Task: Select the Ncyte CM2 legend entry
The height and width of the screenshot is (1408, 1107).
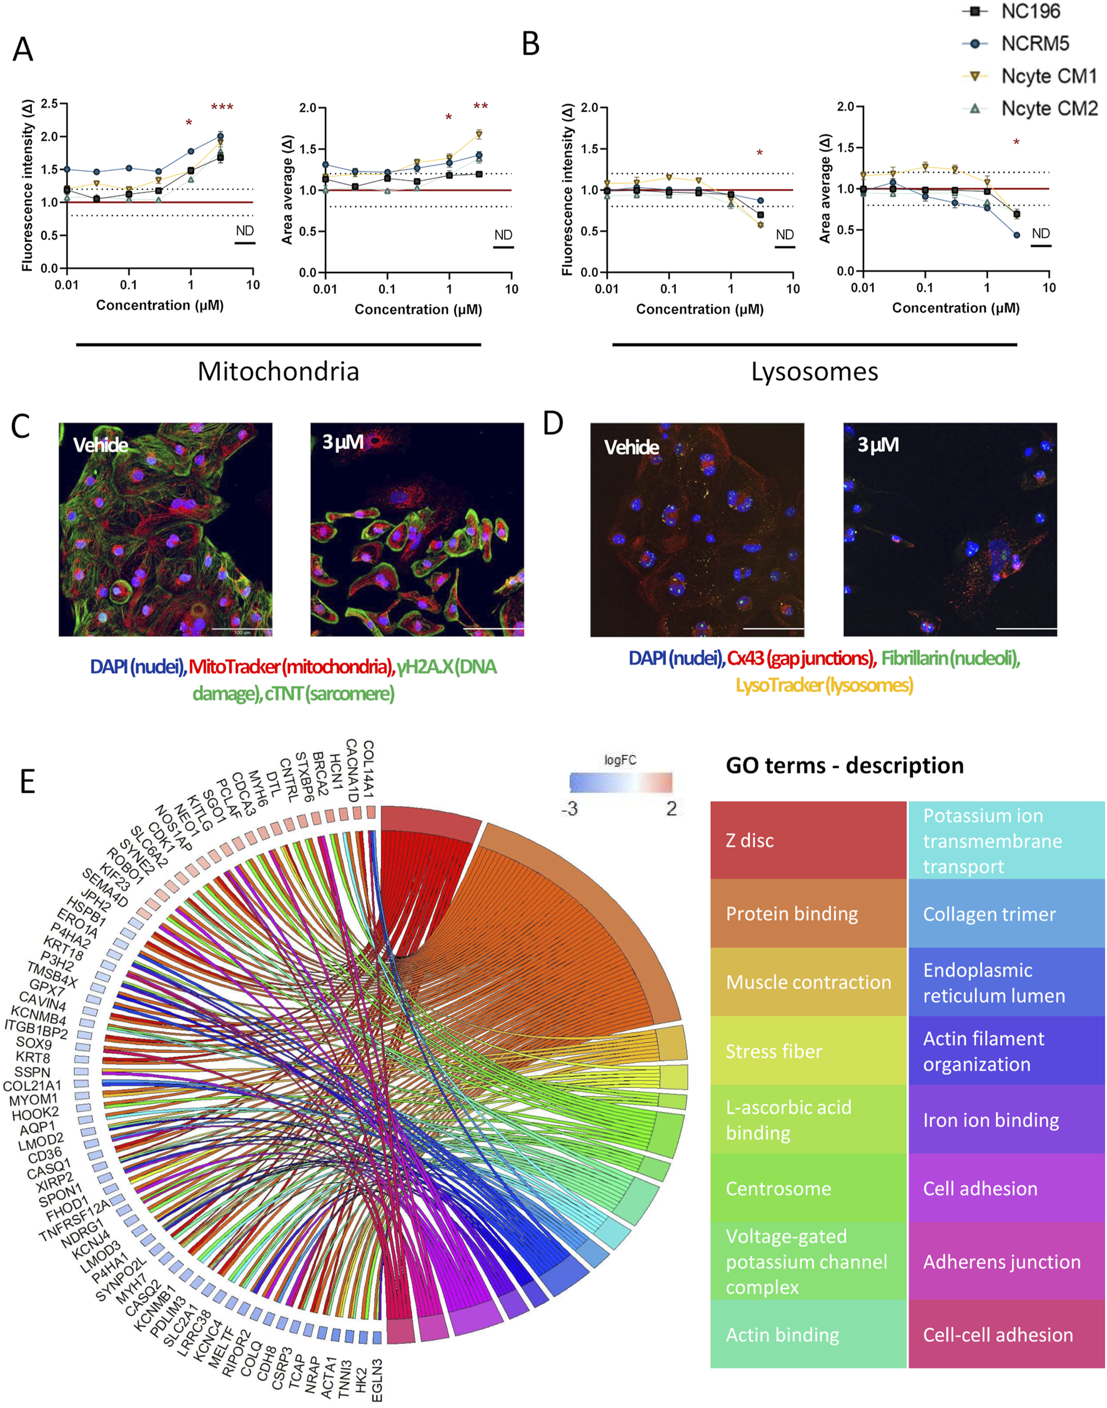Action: point(1048,107)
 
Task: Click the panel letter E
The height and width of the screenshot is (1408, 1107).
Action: point(27,782)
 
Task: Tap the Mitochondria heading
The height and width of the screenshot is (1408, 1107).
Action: point(278,371)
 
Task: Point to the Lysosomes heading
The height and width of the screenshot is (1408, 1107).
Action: point(814,371)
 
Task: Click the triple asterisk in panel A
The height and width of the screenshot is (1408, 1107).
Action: point(222,107)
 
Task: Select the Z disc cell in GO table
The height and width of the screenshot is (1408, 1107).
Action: point(808,840)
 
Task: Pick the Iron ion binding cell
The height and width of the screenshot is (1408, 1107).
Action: point(1006,1119)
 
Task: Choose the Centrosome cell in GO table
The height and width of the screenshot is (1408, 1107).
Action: point(808,1188)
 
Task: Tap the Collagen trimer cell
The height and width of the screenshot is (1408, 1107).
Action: point(1006,914)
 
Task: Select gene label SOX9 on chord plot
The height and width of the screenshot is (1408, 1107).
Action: point(34,1044)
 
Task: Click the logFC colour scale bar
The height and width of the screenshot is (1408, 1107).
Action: point(620,782)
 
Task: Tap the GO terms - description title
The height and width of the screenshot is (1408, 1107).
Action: point(844,765)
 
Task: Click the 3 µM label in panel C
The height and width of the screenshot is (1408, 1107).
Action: point(343,442)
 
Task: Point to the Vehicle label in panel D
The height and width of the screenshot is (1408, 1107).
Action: point(631,447)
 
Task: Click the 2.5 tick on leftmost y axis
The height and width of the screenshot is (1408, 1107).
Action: point(49,104)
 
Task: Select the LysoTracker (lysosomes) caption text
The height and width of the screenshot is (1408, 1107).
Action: point(824,684)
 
